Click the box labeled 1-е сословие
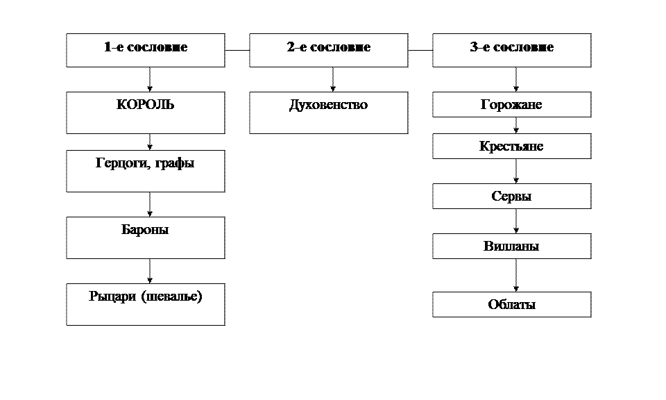145,50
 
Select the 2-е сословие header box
328,50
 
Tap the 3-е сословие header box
511,50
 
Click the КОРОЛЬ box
145,112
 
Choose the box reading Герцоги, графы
145,171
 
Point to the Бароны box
145,237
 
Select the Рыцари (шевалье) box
145,304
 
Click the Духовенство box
328,112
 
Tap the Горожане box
511,105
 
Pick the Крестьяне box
511,147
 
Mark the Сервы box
511,197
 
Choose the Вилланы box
511,247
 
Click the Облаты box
511,305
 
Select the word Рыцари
112,297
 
